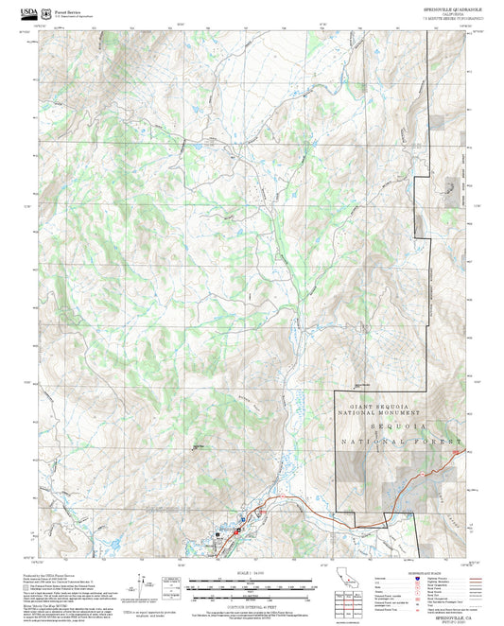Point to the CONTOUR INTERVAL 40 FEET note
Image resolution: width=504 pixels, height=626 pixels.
(243, 602)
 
